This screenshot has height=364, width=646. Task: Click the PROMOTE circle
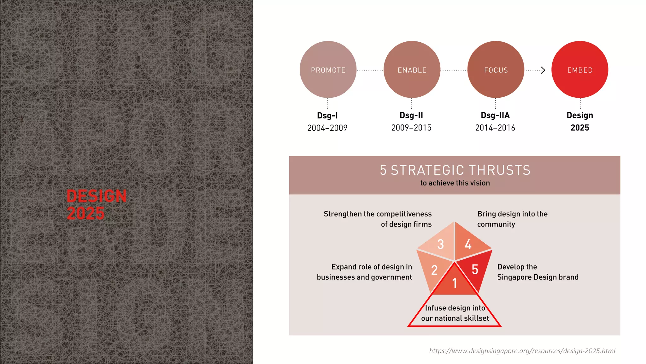(328, 70)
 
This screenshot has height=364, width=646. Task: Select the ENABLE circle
(412, 70)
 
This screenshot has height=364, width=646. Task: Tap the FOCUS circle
(496, 70)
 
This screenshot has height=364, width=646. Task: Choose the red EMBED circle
(580, 70)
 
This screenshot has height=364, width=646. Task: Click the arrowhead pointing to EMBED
(543, 70)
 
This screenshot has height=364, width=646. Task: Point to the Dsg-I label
(327, 116)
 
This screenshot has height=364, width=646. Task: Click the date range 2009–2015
(411, 128)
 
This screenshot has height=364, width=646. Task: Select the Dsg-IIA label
(495, 115)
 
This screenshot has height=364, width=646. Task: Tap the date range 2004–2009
(327, 128)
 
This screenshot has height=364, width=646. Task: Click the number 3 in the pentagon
(441, 244)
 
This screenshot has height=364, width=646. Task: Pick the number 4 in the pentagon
(468, 244)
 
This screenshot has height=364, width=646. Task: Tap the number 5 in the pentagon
(475, 270)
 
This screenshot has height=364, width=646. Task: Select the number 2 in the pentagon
(434, 270)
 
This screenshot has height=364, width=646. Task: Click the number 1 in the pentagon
(455, 283)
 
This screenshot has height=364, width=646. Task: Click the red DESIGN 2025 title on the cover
(97, 204)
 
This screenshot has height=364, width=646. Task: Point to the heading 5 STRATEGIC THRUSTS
(455, 170)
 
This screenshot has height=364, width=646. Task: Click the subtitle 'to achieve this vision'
(455, 183)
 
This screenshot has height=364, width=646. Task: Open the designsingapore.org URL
(522, 351)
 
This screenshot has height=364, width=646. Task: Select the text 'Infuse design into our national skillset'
(455, 313)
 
